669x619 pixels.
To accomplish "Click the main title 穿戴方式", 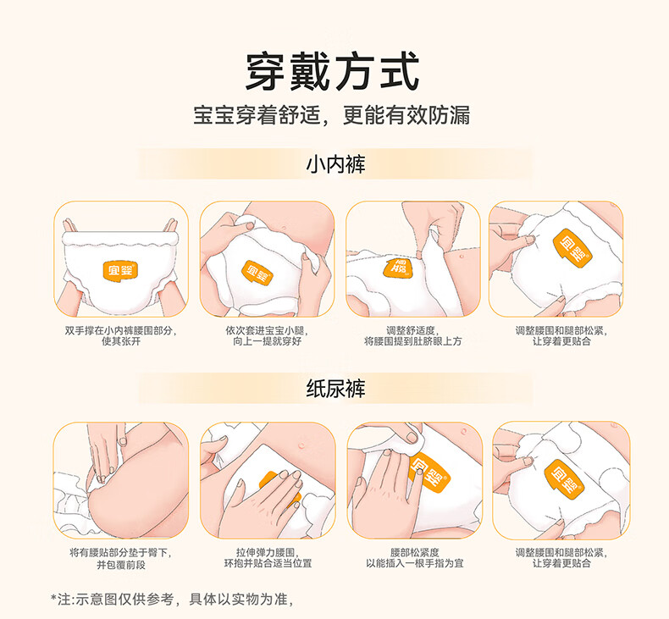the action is tap(332, 71).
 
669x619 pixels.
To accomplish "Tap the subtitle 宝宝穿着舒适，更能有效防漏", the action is tap(331, 115).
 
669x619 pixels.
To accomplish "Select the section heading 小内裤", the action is tap(335, 164).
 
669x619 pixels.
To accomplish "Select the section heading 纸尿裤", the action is tap(335, 388).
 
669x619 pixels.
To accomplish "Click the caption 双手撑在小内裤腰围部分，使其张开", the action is tap(121, 335).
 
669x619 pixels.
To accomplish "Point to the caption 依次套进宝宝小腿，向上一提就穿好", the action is tap(267, 335).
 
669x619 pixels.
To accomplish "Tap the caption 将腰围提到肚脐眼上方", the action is tap(412, 341).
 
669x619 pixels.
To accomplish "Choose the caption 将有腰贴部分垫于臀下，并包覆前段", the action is tap(121, 558).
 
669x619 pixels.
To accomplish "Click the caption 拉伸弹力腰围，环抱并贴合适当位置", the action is tap(268, 558).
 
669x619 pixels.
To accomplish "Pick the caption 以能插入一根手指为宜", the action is tap(414, 564).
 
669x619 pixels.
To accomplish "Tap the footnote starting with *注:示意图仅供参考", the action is tap(172, 600).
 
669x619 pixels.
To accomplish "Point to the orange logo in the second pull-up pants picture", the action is tap(257, 273).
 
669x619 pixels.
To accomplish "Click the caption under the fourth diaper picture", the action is tap(561, 558).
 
